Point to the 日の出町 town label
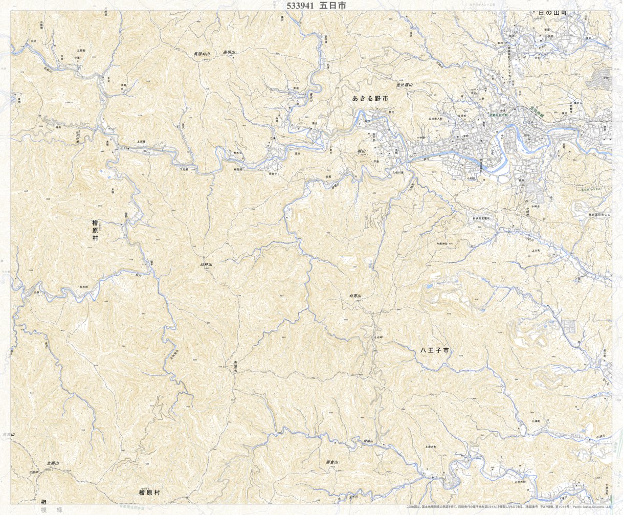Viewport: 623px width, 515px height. tap(557, 13)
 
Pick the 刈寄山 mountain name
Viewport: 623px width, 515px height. tap(355, 296)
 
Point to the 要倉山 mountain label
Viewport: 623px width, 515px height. tap(332, 462)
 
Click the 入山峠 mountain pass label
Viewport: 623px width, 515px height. tap(377, 338)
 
